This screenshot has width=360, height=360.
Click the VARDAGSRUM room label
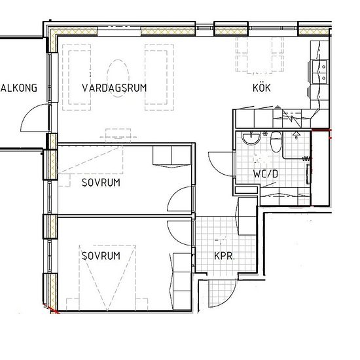114,88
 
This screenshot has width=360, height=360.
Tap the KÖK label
262,88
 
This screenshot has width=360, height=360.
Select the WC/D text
265,174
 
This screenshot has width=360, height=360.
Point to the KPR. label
225,256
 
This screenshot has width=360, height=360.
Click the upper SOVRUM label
101,183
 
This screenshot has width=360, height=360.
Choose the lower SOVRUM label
101,256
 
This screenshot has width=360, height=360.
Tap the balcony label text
19,88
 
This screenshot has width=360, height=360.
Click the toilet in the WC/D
276,141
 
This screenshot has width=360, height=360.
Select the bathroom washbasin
251,138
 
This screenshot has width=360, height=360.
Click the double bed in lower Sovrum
107,278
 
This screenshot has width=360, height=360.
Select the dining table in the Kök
259,56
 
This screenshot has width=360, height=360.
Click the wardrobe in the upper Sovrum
171,156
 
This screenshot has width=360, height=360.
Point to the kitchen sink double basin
319,72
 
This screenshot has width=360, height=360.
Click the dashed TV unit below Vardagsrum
118,136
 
